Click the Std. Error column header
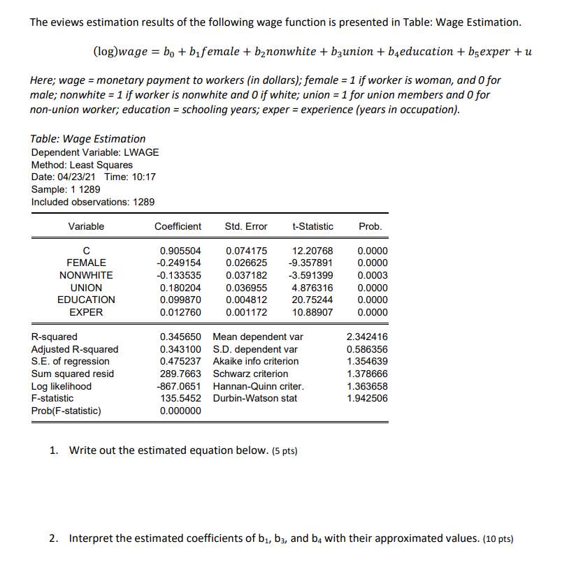246,226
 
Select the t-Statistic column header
312,226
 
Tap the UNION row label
87,288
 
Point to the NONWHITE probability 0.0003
372,275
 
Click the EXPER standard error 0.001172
246,312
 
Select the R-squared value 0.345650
180,337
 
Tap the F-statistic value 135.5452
180,398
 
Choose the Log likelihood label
62,386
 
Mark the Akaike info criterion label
255,361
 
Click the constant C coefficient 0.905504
180,251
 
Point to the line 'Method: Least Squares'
82,165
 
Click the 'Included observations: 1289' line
93,202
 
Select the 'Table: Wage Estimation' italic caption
89,139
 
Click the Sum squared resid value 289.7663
180,374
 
